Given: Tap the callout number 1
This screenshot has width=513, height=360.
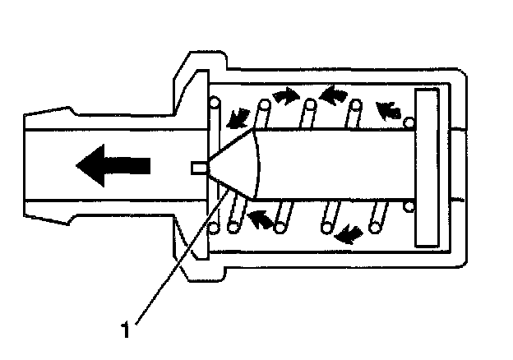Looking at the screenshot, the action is click(x=125, y=330).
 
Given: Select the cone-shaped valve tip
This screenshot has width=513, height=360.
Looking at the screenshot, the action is click(x=238, y=165).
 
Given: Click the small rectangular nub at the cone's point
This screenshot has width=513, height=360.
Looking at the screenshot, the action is click(x=197, y=167).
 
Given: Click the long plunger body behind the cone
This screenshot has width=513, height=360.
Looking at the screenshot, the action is click(x=337, y=164).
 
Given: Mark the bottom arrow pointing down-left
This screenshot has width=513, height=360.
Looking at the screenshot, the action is click(x=349, y=234).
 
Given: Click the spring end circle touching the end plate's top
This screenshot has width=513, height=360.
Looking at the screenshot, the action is click(x=410, y=124).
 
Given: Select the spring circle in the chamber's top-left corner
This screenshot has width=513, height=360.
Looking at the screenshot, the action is click(x=215, y=104).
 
